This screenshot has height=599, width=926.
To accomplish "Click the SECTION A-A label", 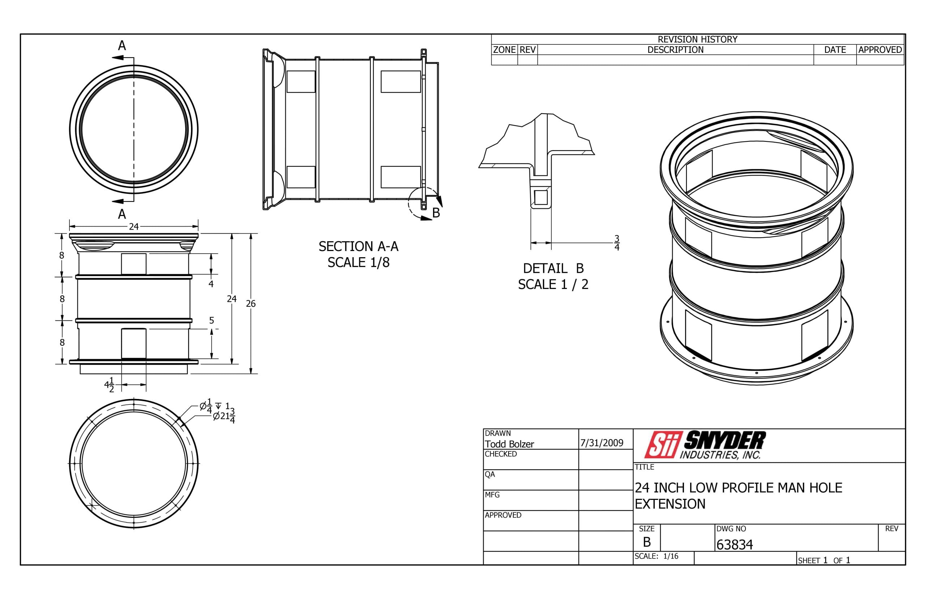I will [x=358, y=246].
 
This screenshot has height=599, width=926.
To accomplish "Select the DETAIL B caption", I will [x=553, y=268].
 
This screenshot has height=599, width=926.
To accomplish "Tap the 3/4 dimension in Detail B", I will [x=616, y=243].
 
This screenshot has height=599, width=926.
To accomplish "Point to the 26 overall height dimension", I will [x=250, y=303].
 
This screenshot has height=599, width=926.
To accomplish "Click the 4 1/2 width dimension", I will [x=109, y=385].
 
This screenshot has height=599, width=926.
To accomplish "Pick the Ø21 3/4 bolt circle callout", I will [x=224, y=416].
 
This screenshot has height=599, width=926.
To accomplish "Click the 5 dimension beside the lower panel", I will [x=212, y=320].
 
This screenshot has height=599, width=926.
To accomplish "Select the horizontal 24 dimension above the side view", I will [x=133, y=226].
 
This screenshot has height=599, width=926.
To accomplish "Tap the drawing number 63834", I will [x=734, y=544].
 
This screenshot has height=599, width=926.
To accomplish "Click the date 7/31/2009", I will [x=602, y=443].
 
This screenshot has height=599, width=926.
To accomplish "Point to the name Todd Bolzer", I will [x=509, y=444].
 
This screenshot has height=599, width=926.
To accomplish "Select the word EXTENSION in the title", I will [x=670, y=504].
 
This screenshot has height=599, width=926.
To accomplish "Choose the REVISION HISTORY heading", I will [x=697, y=39].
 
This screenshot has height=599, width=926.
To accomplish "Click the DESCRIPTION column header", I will [x=675, y=50].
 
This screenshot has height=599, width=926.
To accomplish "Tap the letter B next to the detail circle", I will [x=436, y=213].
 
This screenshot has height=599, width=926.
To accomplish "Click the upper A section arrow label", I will [x=122, y=46].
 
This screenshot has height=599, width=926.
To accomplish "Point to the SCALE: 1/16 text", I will [x=656, y=556].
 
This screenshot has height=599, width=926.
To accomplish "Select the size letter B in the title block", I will [x=646, y=542].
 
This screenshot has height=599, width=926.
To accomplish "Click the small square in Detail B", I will [x=540, y=197].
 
